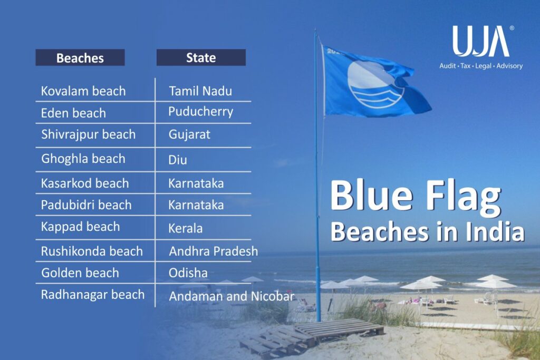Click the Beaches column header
[80, 57]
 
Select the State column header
[201, 57]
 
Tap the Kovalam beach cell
[83, 91]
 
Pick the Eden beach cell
[73, 113]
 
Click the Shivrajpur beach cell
[88, 134]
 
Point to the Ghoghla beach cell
[83, 159]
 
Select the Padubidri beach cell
[86, 205]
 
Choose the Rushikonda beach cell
[92, 251]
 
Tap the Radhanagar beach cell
[93, 295]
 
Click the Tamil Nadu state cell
[200, 91]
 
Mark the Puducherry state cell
[201, 112]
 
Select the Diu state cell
[178, 159]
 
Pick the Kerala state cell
[186, 229]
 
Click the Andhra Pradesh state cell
[214, 251]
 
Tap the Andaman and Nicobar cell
[232, 296]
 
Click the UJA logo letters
[480, 42]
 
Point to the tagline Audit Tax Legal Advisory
[481, 66]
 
